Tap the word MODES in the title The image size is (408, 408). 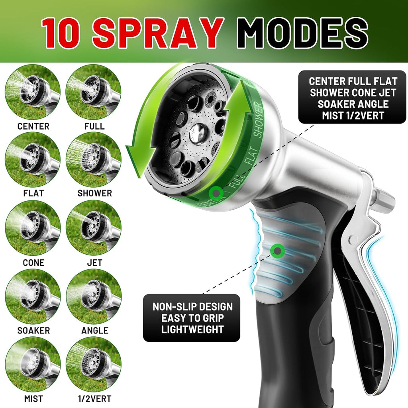point(302,33)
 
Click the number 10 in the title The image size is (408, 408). point(61,33)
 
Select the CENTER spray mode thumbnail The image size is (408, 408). point(33,92)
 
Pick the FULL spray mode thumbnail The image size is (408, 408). point(94,92)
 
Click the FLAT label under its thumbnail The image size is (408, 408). point(33,193)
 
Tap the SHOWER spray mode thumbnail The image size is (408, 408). point(94,160)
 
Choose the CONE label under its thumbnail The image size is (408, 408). point(33,263)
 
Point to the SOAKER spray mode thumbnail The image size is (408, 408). point(33,296)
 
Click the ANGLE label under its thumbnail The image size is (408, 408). point(95,330)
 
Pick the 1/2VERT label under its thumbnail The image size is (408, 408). point(95,398)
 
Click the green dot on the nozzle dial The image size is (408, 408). point(216,193)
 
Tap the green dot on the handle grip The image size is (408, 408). point(277,251)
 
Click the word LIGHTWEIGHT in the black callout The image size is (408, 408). point(192,330)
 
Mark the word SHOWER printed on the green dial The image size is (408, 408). point(258,119)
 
